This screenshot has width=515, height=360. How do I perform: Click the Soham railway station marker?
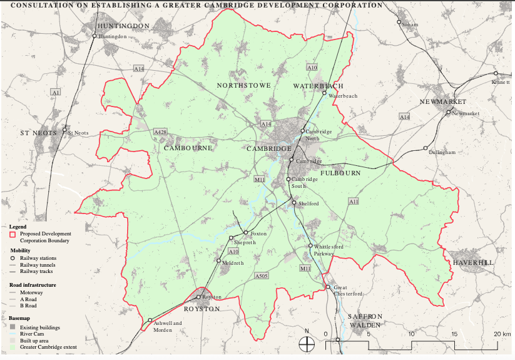pos(399,22)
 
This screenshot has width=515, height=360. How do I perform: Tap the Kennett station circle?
pos(496,73)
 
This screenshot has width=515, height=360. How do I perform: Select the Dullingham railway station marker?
pos(426,148)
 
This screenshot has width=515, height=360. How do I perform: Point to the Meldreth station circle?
pos(219,260)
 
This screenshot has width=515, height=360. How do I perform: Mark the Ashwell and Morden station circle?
pos(150,321)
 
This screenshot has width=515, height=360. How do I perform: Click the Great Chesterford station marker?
pos(327,287)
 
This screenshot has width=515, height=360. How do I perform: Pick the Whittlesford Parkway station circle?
pos(310,246)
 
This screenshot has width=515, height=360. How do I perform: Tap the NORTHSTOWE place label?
pos(244,85)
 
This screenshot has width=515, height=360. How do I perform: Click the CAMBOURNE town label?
pos(188,148)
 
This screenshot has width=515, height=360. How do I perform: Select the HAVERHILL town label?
pos(473,263)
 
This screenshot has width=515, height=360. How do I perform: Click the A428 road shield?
pos(160,132)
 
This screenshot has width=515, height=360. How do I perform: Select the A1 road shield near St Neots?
pos(56,92)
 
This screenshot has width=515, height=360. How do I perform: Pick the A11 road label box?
pos(354,202)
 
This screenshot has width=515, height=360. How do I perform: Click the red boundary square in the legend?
pos(13,234)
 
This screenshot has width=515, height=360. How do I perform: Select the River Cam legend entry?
pos(30,334)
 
